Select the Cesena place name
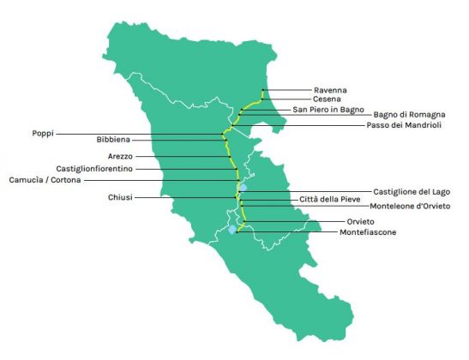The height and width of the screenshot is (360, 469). pyautogui.click(x=328, y=99)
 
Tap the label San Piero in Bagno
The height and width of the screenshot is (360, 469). pyautogui.click(x=328, y=110)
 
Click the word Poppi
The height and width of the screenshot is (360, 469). pyautogui.click(x=44, y=133)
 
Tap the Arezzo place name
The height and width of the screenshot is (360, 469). pyautogui.click(x=121, y=156)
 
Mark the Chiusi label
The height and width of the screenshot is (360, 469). pyautogui.click(x=120, y=198)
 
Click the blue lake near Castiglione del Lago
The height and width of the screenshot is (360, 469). pyautogui.click(x=244, y=187)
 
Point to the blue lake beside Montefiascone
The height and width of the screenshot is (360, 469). pyautogui.click(x=231, y=230)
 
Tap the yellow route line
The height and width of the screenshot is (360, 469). pyautogui.click(x=226, y=150)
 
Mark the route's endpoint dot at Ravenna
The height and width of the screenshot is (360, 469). pyautogui.click(x=262, y=90)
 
